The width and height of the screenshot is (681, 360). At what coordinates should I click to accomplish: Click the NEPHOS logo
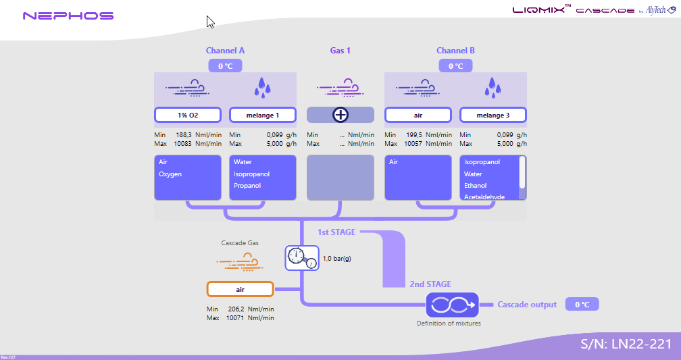[68, 16]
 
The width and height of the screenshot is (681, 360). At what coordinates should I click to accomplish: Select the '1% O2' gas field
[188, 115]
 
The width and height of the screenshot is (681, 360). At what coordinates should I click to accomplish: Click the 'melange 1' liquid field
[263, 115]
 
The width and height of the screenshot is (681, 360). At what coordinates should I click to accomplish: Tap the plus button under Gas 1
[340, 115]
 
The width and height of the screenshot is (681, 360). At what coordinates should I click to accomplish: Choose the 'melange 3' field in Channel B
[493, 115]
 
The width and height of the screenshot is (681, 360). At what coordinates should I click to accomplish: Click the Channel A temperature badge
[225, 66]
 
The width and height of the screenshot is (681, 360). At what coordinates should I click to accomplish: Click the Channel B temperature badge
[455, 66]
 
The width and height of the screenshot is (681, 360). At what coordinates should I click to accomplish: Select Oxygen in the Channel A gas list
[171, 174]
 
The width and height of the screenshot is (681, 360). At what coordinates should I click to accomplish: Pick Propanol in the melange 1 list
[247, 186]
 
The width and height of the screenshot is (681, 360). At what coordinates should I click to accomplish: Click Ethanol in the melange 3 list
[476, 186]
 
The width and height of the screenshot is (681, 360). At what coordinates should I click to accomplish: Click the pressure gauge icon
[301, 257]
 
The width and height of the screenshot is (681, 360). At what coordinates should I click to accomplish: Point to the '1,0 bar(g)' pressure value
[337, 258]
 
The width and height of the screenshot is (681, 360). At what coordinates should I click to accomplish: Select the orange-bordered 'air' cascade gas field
[240, 289]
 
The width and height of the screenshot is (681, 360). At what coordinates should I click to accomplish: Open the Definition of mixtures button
[452, 305]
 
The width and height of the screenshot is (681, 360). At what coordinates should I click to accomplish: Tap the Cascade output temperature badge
[582, 305]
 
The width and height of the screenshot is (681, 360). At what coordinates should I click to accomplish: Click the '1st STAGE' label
[336, 232]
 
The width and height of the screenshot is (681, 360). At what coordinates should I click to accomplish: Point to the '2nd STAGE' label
[430, 284]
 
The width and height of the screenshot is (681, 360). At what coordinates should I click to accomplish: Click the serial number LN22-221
[626, 344]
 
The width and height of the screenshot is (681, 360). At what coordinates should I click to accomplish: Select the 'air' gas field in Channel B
[418, 115]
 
